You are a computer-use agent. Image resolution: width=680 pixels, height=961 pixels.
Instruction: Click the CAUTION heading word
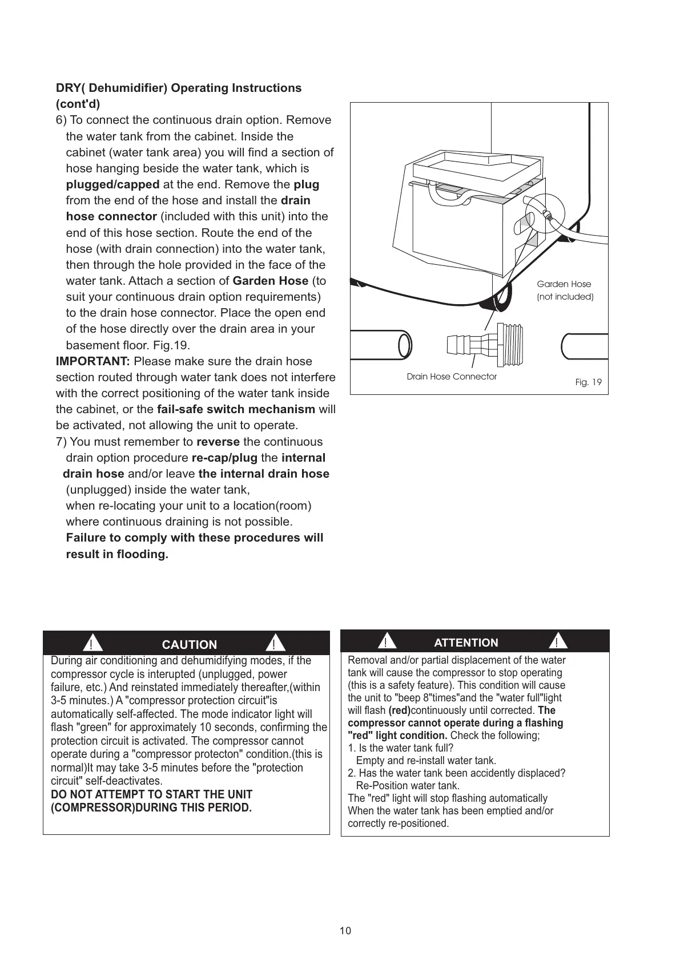click(x=190, y=644)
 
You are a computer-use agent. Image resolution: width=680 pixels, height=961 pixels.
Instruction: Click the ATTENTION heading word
click(x=466, y=643)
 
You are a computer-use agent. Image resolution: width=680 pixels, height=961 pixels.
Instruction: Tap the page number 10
click(x=345, y=931)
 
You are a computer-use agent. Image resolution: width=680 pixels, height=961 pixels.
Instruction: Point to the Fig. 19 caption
click(x=588, y=382)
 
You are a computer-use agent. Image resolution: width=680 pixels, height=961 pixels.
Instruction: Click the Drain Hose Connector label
click(x=452, y=377)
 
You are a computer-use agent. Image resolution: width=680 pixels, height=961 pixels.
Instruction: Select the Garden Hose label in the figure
click(x=564, y=284)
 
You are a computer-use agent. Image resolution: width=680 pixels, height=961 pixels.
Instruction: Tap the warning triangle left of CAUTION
click(x=91, y=644)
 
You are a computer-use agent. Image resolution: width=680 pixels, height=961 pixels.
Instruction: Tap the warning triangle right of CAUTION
click(x=275, y=644)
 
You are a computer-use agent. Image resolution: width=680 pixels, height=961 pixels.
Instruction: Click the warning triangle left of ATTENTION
click(x=387, y=642)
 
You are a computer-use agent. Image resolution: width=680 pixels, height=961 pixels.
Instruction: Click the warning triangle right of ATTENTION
click(x=557, y=641)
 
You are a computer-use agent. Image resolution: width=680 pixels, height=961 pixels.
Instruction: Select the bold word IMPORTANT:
click(x=93, y=361)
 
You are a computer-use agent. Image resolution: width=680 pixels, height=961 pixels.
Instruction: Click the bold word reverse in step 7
click(x=218, y=442)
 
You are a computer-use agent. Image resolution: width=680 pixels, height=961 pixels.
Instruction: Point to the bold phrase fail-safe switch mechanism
click(x=236, y=409)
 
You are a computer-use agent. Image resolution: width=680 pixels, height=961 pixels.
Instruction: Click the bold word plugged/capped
click(x=113, y=184)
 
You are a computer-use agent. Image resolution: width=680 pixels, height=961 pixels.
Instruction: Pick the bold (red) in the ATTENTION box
click(x=399, y=710)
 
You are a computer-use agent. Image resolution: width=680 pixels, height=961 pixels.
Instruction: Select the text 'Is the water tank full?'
click(x=406, y=748)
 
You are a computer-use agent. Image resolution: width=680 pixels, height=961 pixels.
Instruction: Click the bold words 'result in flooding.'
click(x=118, y=554)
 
